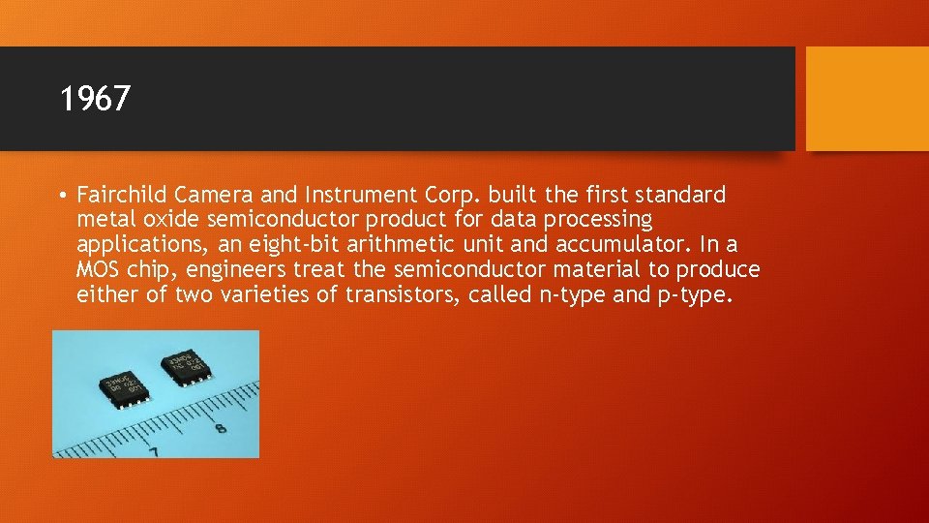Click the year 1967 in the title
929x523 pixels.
pos(94,99)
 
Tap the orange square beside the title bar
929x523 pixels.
pos(866,99)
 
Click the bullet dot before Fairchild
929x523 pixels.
pos(62,196)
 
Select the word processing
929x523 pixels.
pos(602,220)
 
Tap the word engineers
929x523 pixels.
pos(231,269)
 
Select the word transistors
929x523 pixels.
pos(402,294)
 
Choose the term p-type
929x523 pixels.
pos(693,294)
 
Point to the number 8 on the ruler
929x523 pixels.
pos(221,426)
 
